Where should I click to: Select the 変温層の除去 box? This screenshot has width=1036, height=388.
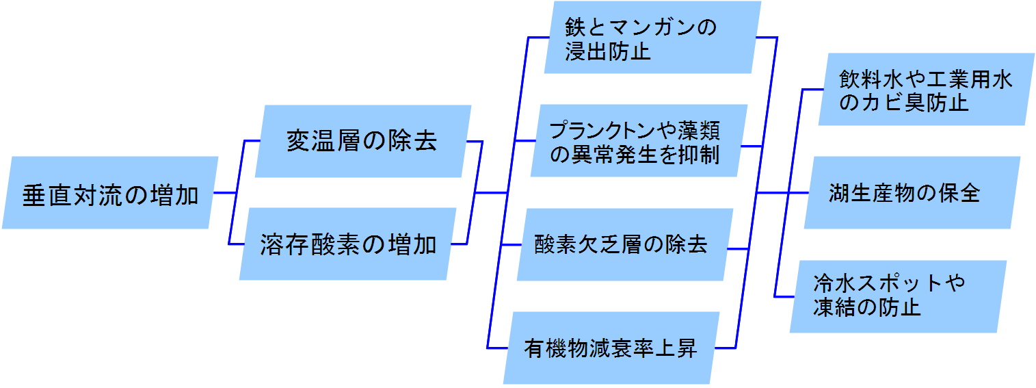(362, 142)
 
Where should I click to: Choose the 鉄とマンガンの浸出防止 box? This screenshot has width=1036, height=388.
(652, 38)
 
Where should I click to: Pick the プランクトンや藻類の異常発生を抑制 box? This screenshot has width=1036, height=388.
(636, 141)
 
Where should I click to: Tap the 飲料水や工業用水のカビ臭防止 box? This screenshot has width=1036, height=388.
(926, 90)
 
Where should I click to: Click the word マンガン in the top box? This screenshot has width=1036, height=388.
(657, 28)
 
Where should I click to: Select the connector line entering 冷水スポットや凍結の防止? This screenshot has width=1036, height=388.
(783, 296)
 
